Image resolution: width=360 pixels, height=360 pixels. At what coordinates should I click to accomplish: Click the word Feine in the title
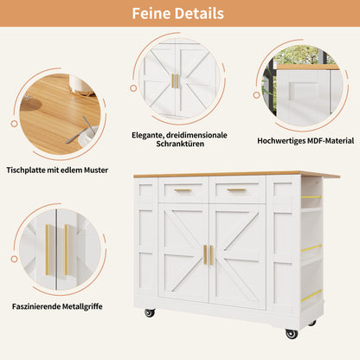click(151, 13)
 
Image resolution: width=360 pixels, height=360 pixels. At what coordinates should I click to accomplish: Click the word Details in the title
click(199, 13)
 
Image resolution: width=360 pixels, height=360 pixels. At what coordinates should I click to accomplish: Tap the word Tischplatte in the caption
click(25, 170)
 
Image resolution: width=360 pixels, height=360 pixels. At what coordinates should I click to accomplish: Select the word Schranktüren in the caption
click(180, 144)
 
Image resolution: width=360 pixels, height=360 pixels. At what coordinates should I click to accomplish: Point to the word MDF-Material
click(331, 141)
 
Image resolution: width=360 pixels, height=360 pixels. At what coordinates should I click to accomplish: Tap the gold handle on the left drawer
click(183, 190)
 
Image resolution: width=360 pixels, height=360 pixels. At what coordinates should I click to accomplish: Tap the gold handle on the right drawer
click(236, 190)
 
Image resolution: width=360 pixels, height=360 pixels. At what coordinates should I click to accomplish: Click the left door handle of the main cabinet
click(205, 254)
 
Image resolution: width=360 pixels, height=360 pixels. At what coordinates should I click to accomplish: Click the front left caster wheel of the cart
click(150, 312)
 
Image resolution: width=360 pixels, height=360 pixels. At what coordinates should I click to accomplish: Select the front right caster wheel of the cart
click(292, 334)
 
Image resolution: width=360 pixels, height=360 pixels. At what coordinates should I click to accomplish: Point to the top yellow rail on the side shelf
click(312, 197)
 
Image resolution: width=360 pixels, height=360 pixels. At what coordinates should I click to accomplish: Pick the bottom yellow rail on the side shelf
click(312, 296)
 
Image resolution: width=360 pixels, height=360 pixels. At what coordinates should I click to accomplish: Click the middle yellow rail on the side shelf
click(312, 248)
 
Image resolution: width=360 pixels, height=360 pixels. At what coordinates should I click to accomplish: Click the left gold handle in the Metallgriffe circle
click(48, 250)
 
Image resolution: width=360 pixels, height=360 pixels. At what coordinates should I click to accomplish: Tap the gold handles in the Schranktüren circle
click(175, 81)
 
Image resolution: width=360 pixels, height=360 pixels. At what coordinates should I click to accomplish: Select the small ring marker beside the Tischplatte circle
click(14, 124)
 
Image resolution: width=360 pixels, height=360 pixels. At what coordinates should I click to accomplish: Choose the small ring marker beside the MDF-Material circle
click(256, 95)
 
